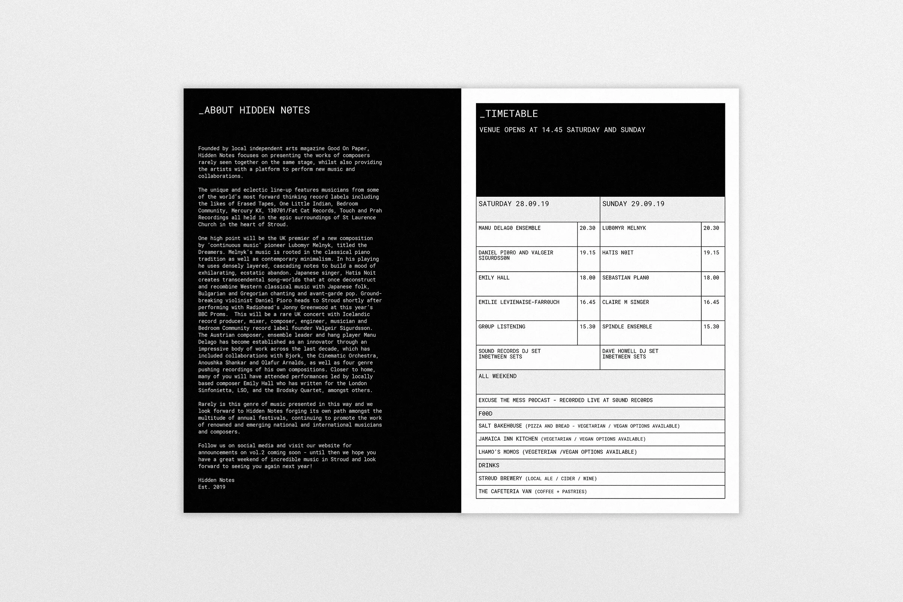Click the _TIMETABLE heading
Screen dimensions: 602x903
(x=509, y=114)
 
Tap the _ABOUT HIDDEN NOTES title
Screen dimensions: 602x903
(x=254, y=110)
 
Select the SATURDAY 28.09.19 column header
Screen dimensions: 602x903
(x=514, y=204)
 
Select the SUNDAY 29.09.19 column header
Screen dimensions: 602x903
(x=633, y=204)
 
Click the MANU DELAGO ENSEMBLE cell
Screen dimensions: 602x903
(x=509, y=228)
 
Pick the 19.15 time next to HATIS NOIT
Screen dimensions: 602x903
(x=711, y=252)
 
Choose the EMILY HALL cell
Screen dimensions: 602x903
(x=494, y=278)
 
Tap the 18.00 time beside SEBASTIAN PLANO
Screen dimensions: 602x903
(x=711, y=278)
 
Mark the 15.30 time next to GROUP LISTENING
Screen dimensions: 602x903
(x=587, y=327)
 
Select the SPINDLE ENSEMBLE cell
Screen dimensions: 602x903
(x=627, y=327)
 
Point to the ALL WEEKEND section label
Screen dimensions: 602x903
(x=497, y=376)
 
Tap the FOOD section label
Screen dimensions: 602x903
(x=485, y=413)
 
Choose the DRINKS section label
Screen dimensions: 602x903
(x=489, y=465)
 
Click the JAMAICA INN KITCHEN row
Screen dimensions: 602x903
(x=562, y=439)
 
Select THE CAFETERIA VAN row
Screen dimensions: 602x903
(x=532, y=491)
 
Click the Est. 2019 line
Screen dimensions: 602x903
(x=211, y=487)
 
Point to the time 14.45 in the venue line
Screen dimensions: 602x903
(x=552, y=130)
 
